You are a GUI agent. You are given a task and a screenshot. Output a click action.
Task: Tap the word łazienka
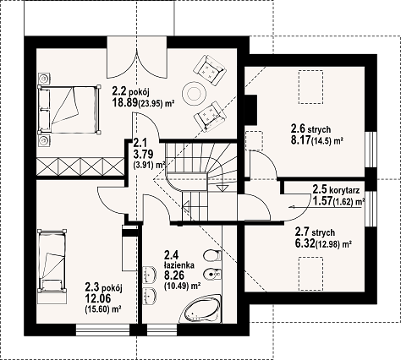click(x=179, y=265)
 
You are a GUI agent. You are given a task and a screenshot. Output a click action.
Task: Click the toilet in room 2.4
click(x=212, y=256)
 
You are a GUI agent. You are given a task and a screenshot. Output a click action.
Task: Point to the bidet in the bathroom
click(x=212, y=274)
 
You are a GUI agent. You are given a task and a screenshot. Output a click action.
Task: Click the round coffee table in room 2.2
click(x=194, y=93)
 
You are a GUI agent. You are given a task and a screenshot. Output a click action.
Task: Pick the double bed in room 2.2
click(x=69, y=110)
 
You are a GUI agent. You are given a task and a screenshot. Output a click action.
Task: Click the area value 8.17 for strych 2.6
click(x=300, y=139)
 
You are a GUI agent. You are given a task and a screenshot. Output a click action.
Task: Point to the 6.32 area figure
click(x=305, y=243)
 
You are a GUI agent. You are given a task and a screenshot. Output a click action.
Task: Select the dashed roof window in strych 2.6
click(x=310, y=87)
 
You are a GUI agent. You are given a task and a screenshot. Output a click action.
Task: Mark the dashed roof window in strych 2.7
click(x=310, y=274)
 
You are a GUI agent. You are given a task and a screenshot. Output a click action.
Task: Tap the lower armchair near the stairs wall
click(x=210, y=116)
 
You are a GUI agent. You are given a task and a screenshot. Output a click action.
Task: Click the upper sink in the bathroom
click(x=150, y=275)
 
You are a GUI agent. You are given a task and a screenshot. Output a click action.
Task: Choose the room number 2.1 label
click(x=139, y=143)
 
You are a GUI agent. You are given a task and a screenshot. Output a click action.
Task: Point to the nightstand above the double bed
click(x=44, y=78)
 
